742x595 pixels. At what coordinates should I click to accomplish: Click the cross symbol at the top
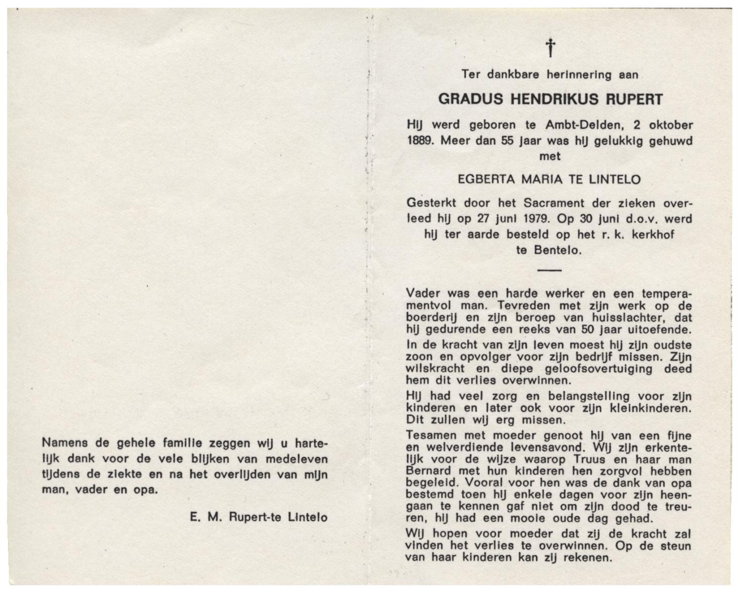coord(550,48)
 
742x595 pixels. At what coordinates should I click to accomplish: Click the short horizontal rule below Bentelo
coord(550,270)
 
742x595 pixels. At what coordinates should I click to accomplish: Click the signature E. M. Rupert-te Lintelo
coord(258,517)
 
